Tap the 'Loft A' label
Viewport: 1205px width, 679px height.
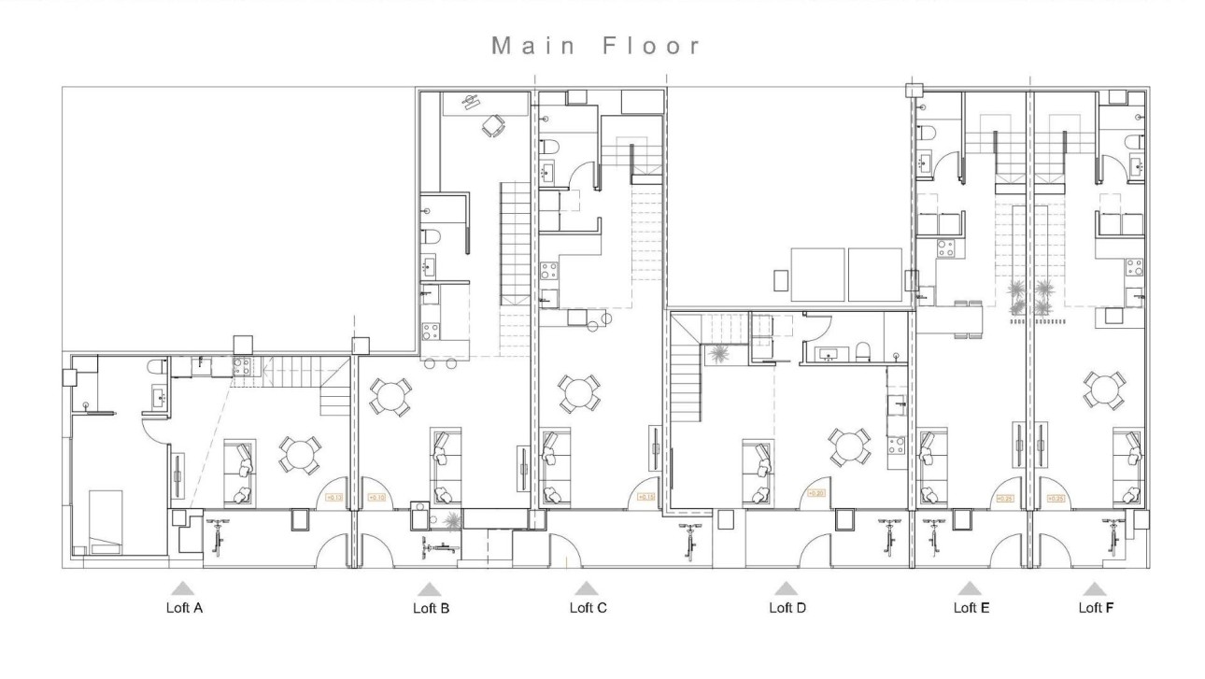pos(184,608)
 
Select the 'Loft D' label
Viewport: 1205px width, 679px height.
pos(787,608)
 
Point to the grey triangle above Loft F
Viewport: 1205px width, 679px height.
pos(1095,589)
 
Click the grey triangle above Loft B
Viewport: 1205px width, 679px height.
pos(430,589)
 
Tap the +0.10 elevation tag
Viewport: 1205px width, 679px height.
pos(377,498)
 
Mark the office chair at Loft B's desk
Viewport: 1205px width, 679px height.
pos(491,125)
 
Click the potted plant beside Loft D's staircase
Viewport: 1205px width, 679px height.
pos(720,354)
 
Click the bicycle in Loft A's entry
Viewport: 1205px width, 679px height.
pos(220,539)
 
